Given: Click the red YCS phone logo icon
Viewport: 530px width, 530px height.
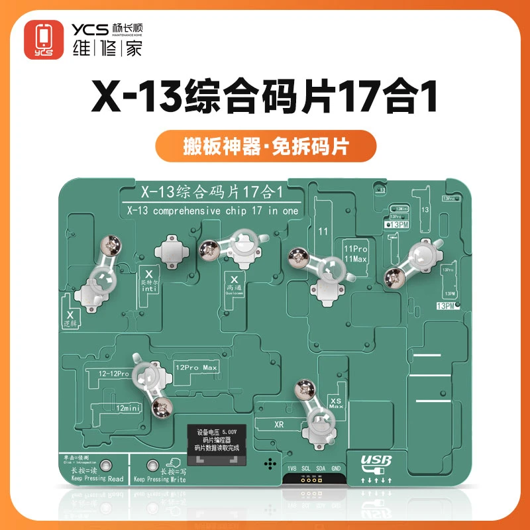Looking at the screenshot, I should (x=44, y=38).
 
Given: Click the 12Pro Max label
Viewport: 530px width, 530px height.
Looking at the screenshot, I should (x=196, y=366).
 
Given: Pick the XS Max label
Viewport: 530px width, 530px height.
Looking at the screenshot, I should (x=336, y=401).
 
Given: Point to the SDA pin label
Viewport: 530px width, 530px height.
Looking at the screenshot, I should (x=319, y=468).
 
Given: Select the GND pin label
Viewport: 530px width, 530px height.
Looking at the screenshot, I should (x=335, y=468).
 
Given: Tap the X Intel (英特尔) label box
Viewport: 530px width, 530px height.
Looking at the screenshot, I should (x=148, y=281).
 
